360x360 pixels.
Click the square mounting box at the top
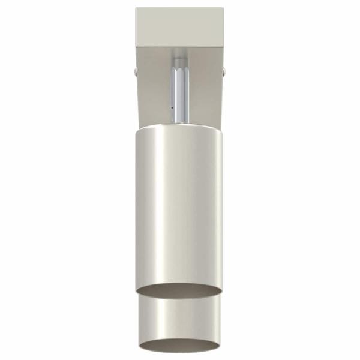(180, 27)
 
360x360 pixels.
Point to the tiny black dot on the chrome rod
(172, 109)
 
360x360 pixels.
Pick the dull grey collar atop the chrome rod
(179, 58)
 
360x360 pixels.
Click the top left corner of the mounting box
(137, 8)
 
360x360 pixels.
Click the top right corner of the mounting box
(223, 8)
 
